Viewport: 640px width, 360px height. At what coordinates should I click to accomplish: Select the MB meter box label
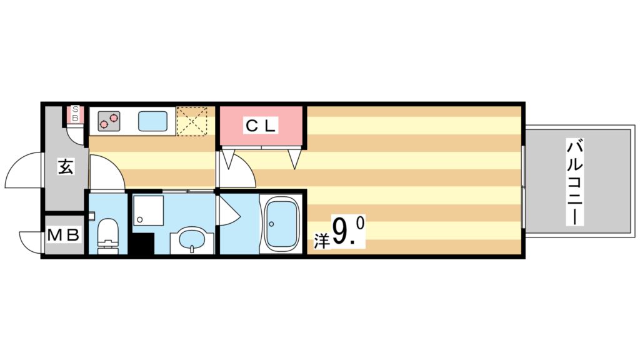[x=64, y=236]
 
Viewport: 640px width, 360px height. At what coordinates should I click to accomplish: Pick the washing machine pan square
[x=148, y=211]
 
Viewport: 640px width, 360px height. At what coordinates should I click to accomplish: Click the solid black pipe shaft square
[x=141, y=244]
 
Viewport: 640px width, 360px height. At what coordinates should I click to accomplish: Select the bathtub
[x=281, y=224]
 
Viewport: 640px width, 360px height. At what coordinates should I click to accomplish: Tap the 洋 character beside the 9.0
[x=321, y=241]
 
